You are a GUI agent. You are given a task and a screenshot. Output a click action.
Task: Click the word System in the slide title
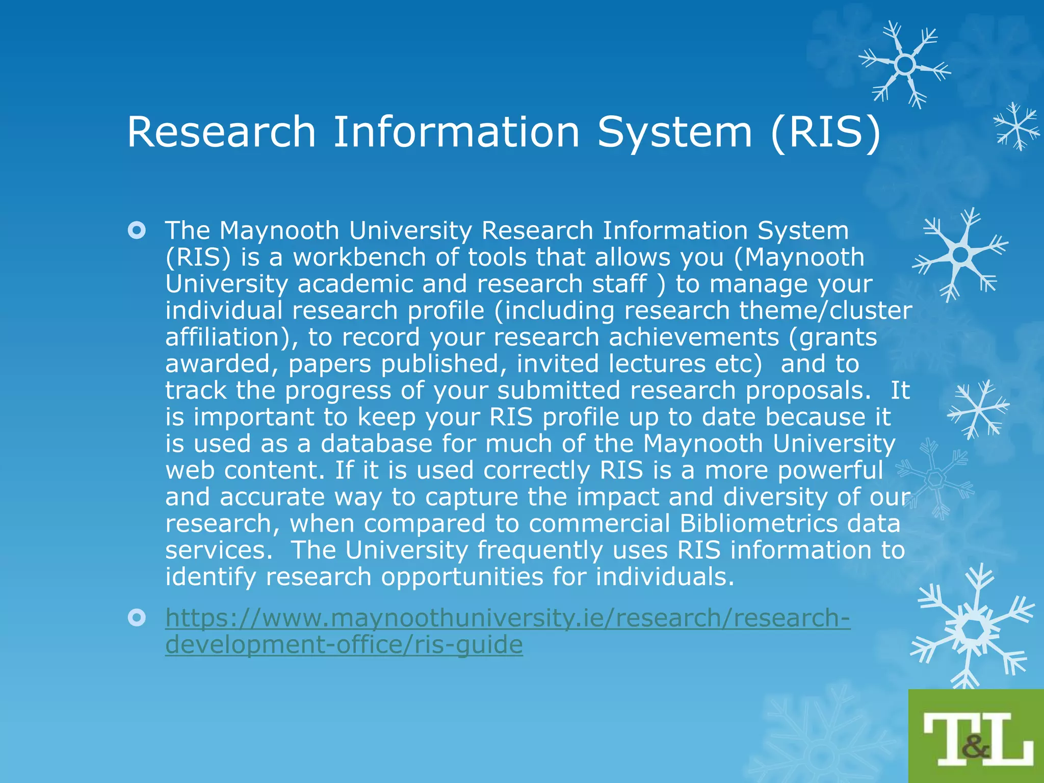[674, 132]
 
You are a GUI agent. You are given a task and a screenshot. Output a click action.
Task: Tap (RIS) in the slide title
[825, 132]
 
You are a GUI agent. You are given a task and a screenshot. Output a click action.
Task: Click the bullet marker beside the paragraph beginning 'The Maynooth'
[137, 230]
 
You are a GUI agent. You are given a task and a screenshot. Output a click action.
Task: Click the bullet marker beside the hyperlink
[137, 618]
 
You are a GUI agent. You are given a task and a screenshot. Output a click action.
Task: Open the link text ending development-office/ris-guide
[344, 644]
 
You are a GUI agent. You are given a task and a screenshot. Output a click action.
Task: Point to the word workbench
[359, 257]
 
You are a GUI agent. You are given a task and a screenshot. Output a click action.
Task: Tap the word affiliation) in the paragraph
[232, 337]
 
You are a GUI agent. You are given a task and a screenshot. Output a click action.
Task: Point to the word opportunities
[462, 577]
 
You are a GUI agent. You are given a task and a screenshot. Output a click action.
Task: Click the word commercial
[599, 523]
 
